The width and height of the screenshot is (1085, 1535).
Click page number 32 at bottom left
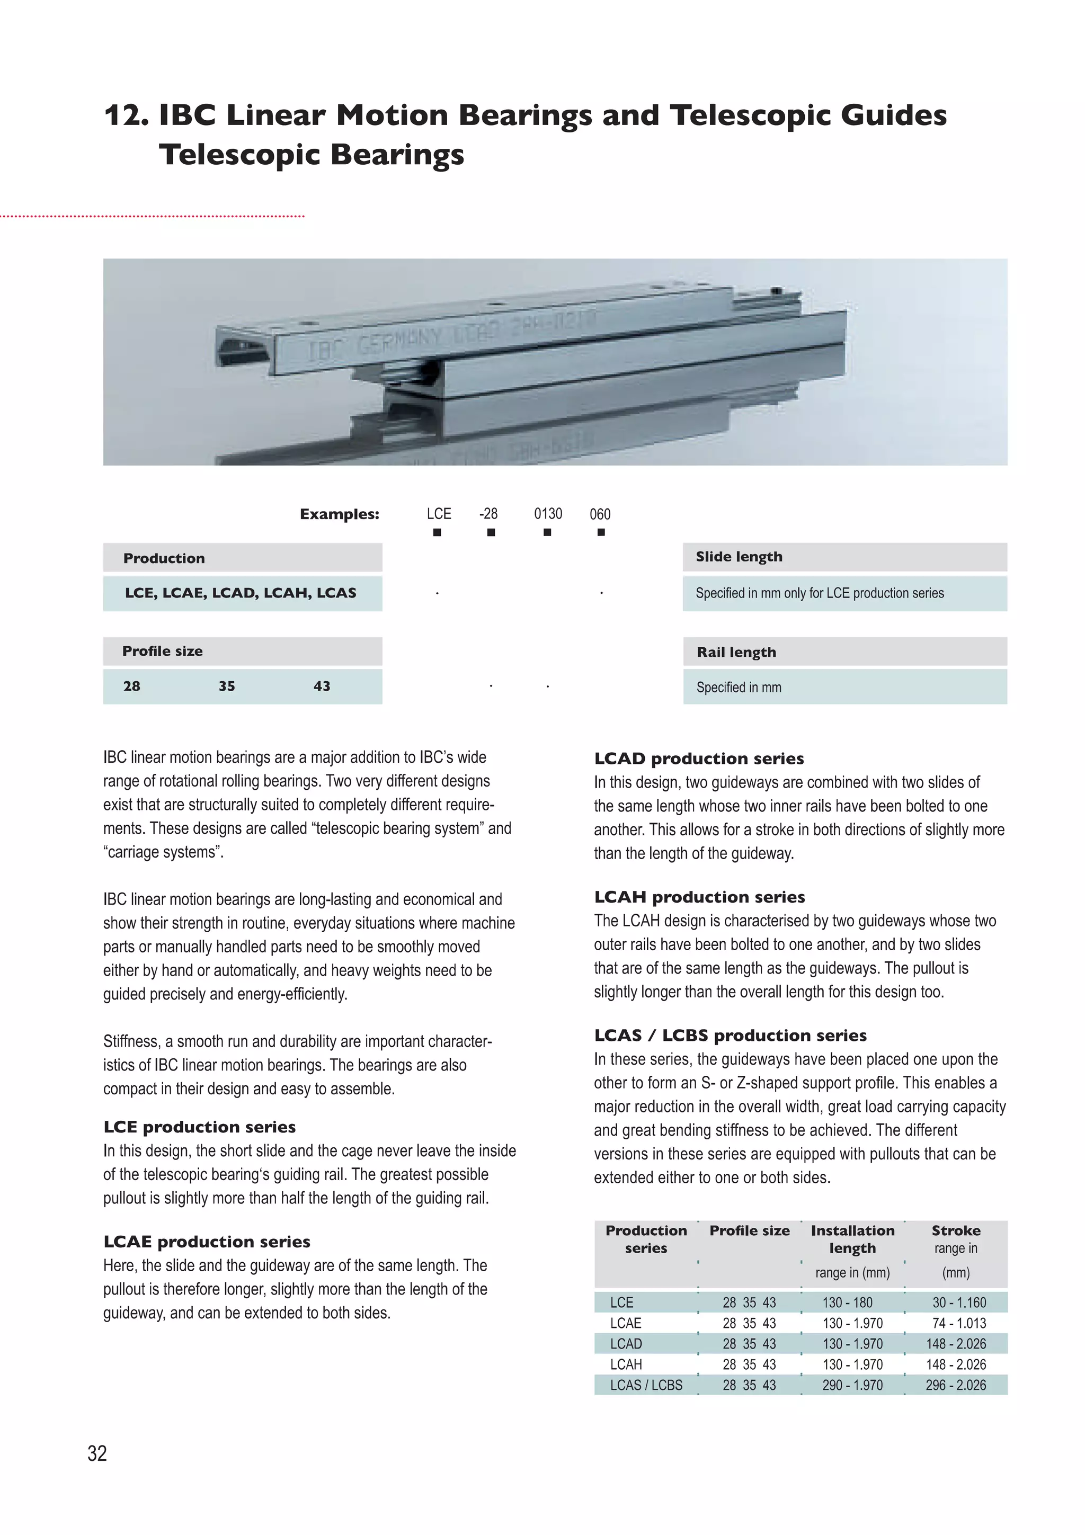click(97, 1453)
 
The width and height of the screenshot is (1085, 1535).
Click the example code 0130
click(547, 513)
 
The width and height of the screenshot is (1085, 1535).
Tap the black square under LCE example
click(437, 532)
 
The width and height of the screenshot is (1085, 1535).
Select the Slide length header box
click(844, 557)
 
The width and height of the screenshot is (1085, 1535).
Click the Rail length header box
click(844, 652)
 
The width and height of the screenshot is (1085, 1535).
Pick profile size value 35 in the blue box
click(227, 686)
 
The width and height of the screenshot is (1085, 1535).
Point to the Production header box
click(242, 558)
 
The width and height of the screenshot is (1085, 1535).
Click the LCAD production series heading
click(699, 758)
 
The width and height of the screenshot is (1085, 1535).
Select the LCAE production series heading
click(207, 1242)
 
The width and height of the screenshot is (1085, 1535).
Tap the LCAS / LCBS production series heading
click(730, 1035)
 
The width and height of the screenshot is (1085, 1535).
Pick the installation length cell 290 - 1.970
click(852, 1385)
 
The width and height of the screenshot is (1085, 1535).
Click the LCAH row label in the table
click(626, 1364)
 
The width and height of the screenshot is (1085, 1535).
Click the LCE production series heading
click(199, 1127)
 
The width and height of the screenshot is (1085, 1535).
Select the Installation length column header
click(852, 1239)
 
